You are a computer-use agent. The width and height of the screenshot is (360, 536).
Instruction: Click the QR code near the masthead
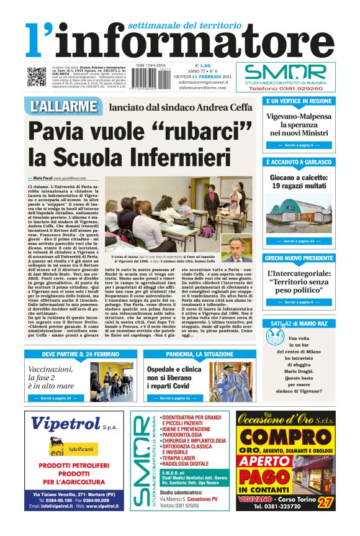[36, 76]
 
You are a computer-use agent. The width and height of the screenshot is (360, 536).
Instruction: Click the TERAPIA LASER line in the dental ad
[180, 457]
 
